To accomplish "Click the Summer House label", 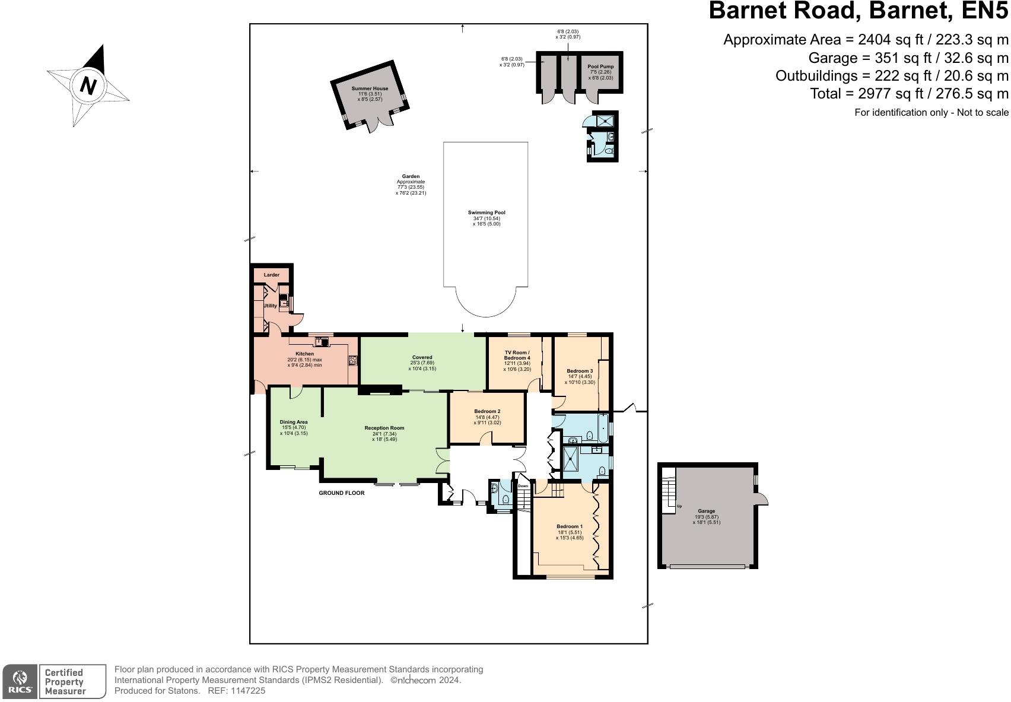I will [370, 88].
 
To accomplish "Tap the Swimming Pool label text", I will [487, 212].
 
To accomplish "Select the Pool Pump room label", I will [600, 66].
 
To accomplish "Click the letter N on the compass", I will [88, 86].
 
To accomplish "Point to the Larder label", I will [271, 275].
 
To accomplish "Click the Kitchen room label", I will [304, 354].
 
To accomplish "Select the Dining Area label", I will [294, 422].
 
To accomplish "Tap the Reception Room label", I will [384, 428].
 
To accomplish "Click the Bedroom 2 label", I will [487, 411].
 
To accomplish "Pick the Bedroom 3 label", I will [580, 371].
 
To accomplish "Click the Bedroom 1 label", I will [570, 526].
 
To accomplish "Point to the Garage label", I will [706, 511].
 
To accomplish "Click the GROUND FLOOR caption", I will [342, 493].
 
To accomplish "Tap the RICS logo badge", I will [20, 681].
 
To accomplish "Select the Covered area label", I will [422, 357].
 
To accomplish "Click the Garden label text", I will [411, 176].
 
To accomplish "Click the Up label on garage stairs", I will [679, 506].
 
